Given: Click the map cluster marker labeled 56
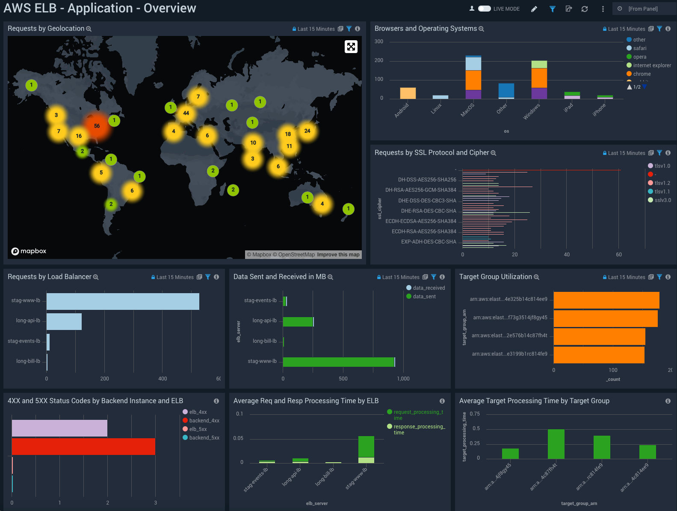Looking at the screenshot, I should (97, 126).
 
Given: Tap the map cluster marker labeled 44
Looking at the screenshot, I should (186, 113).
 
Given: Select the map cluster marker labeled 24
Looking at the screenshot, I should (307, 131).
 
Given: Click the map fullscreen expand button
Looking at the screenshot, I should (351, 47).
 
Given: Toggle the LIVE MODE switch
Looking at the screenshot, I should (484, 9).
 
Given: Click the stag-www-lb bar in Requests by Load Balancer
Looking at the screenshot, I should (123, 301).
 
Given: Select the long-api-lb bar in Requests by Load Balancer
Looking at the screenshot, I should (64, 321).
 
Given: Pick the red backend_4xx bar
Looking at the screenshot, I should (83, 446).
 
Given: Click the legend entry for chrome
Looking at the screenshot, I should (642, 74).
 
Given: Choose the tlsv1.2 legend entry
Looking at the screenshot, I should (662, 183).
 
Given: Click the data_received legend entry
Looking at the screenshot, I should (429, 288).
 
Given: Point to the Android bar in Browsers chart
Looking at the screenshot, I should (408, 93).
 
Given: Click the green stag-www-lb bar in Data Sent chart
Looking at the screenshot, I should (338, 362).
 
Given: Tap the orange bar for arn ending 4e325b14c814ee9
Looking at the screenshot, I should (606, 300).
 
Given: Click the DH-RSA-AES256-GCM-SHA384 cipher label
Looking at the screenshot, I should (421, 190).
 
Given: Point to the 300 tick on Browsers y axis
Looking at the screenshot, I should (379, 42).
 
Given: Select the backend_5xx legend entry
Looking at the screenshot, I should (204, 438).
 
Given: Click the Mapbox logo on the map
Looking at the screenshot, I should (29, 251).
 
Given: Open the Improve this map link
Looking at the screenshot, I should (338, 255).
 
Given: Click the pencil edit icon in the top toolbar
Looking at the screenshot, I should (534, 9).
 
